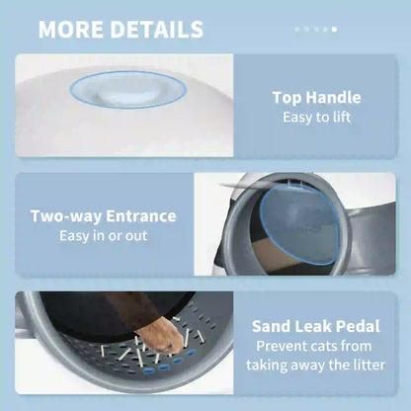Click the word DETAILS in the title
tap(157, 30)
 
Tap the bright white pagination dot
tap(334, 30)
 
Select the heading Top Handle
tap(316, 98)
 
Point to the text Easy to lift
tap(316, 118)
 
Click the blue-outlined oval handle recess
tap(128, 90)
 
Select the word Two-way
tap(66, 216)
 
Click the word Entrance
tap(141, 216)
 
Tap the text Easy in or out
tap(104, 236)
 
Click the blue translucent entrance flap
tap(298, 224)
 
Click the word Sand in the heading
tap(271, 326)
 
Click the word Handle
tap(333, 98)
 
